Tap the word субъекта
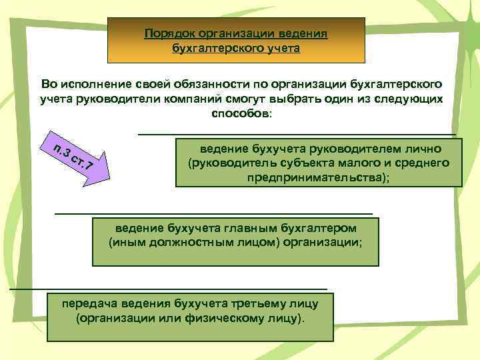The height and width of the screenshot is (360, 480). [297, 163]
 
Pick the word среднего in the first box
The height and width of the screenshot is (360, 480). [425, 163]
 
